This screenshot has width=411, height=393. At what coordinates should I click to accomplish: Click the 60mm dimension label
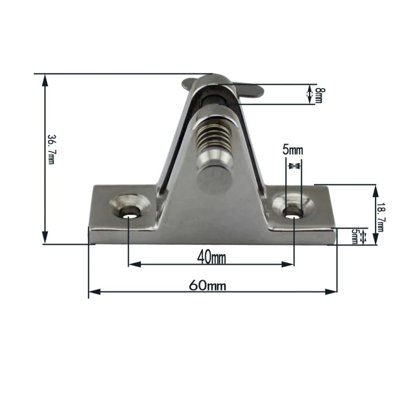point(207,285)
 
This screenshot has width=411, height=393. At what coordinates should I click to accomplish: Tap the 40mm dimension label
point(211,257)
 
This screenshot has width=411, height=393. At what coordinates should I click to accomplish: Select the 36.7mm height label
point(52,150)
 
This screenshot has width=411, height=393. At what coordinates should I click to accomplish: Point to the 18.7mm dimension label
point(380,217)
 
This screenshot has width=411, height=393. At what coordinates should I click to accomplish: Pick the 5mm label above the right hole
point(292,150)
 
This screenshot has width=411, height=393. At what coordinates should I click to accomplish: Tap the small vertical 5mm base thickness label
point(354,236)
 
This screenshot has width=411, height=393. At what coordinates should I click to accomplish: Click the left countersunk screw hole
point(130,206)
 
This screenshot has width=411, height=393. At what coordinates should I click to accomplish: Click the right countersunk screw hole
point(293,206)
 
